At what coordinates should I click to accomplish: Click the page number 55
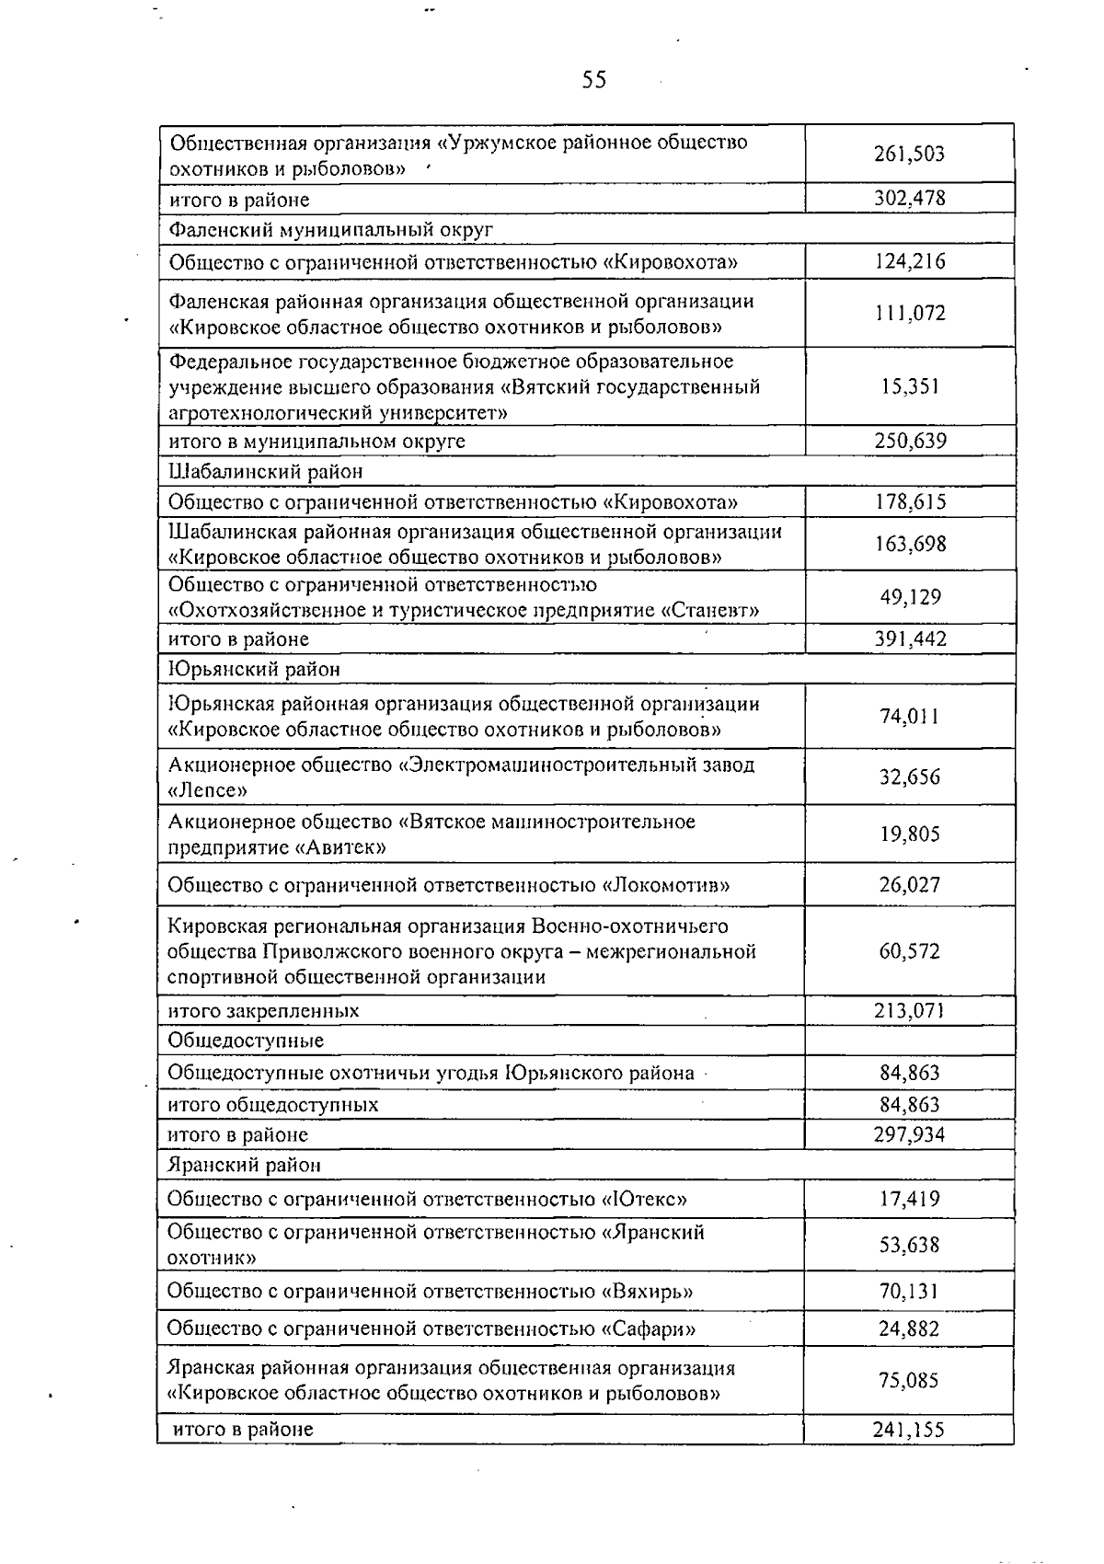coord(594,80)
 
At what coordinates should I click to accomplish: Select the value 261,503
coord(909,155)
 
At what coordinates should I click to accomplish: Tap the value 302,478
coord(909,199)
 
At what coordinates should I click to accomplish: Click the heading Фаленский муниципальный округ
coord(331,229)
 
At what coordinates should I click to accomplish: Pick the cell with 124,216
coord(909,262)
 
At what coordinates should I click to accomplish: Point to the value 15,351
coord(909,386)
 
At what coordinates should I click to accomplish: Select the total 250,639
coord(909,441)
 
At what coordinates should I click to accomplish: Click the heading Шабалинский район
coord(266,471)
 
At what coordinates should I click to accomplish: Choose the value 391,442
coord(909,638)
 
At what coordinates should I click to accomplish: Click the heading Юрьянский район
coord(254,669)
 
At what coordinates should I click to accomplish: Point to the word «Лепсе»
coord(208,790)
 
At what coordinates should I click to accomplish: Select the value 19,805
coord(909,834)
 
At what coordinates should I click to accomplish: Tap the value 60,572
coord(909,951)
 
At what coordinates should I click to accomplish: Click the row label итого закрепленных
coord(263,1010)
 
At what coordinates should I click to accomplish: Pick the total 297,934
coord(909,1134)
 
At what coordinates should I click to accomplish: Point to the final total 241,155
coord(909,1430)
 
